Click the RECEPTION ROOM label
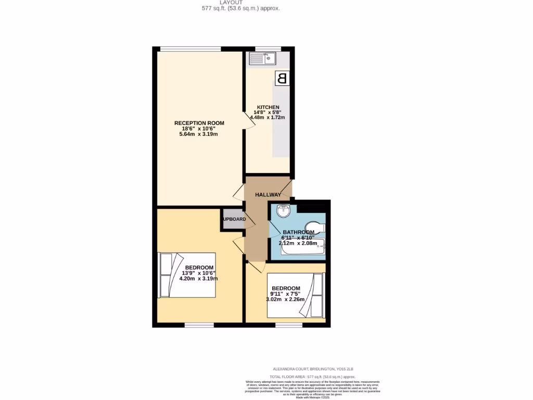point(199,123)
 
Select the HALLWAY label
point(268,195)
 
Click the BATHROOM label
point(298,232)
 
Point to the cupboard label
point(234,219)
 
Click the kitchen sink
point(262,58)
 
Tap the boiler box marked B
point(282,78)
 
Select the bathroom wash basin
point(284,211)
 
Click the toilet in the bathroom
point(317,228)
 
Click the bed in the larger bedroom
point(187,275)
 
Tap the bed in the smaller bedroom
point(295,296)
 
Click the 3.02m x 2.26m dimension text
point(285,299)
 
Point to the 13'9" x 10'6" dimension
point(198,273)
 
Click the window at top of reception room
point(191,49)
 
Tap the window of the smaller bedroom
point(289,326)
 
